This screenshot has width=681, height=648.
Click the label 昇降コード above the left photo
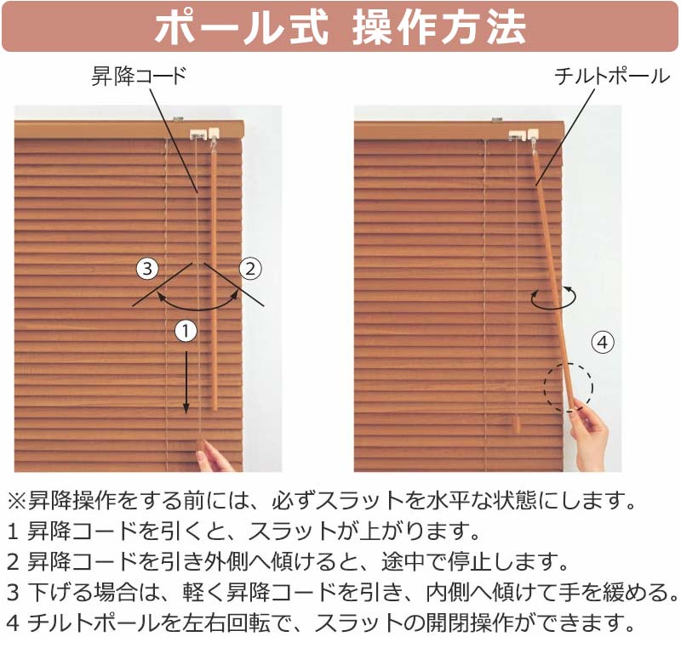pos(139,77)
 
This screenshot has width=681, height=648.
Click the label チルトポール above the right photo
pos(612,77)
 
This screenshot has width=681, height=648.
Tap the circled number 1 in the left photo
pos(186,332)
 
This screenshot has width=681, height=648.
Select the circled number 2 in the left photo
pos(250,269)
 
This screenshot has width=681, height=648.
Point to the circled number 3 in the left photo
pos(147,269)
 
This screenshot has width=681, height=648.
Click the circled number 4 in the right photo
pos(603,343)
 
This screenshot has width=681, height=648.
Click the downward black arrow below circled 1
pos(186,383)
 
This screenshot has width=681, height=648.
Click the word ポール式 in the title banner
pos(242,28)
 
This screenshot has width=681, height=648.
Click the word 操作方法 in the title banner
pos(439,28)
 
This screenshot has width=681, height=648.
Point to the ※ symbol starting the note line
pos(17,501)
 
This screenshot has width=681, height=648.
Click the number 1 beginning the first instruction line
pos(13,531)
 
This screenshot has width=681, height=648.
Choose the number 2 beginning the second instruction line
pos(13,562)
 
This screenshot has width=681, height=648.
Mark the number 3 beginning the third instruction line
pos(13,593)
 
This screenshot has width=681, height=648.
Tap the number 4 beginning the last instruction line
pos(13,623)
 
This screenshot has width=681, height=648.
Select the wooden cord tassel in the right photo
pos(516,423)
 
